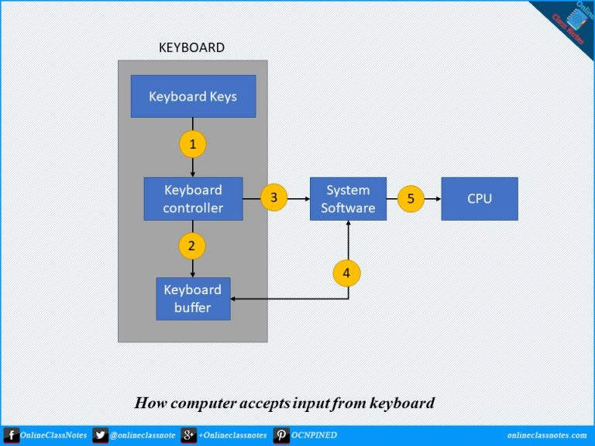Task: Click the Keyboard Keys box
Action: pos(193,97)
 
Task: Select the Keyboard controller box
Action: pos(193,199)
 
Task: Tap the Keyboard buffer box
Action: pos(193,299)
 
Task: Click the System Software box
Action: pos(348,199)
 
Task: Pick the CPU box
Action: pos(480,199)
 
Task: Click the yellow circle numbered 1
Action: pos(193,143)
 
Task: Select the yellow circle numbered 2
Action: pos(193,246)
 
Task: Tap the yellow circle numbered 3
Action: pos(273,198)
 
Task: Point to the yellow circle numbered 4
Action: pos(347,273)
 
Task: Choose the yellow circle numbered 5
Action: pos(411,199)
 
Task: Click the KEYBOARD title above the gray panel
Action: pos(191,48)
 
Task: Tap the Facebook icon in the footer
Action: pos(11,435)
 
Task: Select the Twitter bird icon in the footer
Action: pos(100,435)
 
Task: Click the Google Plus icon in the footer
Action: pos(188,435)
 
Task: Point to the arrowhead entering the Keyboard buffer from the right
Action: pos(235,299)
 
